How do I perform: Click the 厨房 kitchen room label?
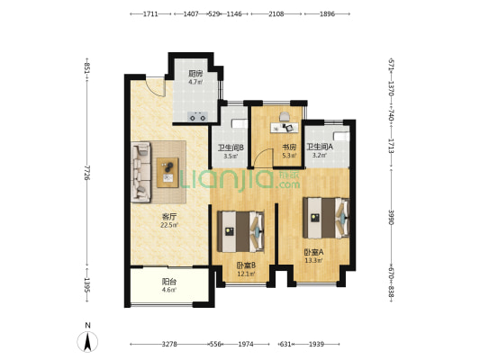195,74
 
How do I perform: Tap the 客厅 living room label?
169,217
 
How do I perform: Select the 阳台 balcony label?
169,282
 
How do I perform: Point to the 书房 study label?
289,148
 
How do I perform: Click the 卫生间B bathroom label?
231,148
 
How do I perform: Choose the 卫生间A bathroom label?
320,147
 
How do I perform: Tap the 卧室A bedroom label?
313,252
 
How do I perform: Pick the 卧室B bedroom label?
246,265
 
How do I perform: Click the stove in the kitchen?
197,116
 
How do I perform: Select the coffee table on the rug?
168,173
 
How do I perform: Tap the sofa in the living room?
141,172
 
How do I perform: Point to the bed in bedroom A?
326,218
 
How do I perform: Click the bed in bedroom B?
241,231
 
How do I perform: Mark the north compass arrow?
87,342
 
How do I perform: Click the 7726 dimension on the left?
87,173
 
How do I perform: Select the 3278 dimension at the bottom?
169,344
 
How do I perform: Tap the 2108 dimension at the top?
276,13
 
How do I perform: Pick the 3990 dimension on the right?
391,217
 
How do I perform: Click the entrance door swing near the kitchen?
156,86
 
